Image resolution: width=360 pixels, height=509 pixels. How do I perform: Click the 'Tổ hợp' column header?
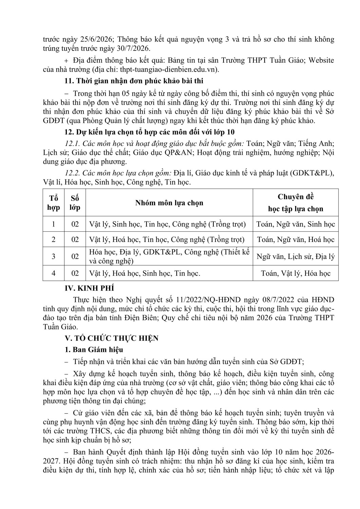coord(54,203)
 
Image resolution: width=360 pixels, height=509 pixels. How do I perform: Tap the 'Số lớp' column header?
coord(75,203)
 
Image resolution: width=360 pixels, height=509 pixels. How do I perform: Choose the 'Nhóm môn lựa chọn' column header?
coord(169,203)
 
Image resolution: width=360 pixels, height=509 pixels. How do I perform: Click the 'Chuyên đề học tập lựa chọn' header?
coord(296,203)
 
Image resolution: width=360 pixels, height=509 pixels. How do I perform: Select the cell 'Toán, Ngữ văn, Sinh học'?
coord(296,224)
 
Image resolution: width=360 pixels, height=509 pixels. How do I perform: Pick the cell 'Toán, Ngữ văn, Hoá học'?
coord(296,240)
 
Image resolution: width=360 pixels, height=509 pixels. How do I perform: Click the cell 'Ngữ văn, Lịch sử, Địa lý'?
coord(296,256)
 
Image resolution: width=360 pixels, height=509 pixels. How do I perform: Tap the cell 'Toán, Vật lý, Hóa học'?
coord(296,273)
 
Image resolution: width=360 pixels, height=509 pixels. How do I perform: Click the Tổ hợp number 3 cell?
coord(54,256)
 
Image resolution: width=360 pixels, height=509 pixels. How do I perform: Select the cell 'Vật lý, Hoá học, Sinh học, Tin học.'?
coord(145,273)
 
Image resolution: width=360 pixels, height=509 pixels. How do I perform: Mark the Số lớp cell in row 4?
coord(75,273)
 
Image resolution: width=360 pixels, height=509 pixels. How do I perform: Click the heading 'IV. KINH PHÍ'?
coord(90,288)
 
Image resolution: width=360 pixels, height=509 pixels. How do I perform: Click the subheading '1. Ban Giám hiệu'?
coord(94,350)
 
